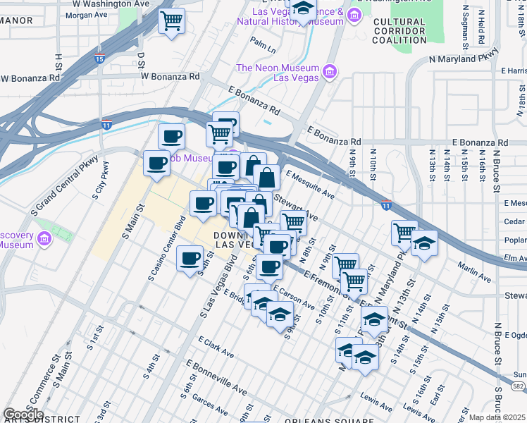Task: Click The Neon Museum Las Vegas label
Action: pyautogui.click(x=276, y=73)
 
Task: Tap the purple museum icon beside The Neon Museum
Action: pyautogui.click(x=328, y=71)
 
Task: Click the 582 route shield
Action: pyautogui.click(x=519, y=388)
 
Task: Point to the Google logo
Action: pyautogui.click(x=24, y=415)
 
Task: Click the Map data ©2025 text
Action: pyautogui.click(x=497, y=417)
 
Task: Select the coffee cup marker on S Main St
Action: pyautogui.click(x=156, y=164)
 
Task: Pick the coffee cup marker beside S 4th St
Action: pyautogui.click(x=190, y=258)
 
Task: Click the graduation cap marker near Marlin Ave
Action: pyautogui.click(x=423, y=244)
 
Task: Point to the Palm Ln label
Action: pyautogui.click(x=262, y=46)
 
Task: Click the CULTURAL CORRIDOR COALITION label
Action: pyautogui.click(x=399, y=31)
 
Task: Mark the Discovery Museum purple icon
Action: pyautogui.click(x=44, y=240)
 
